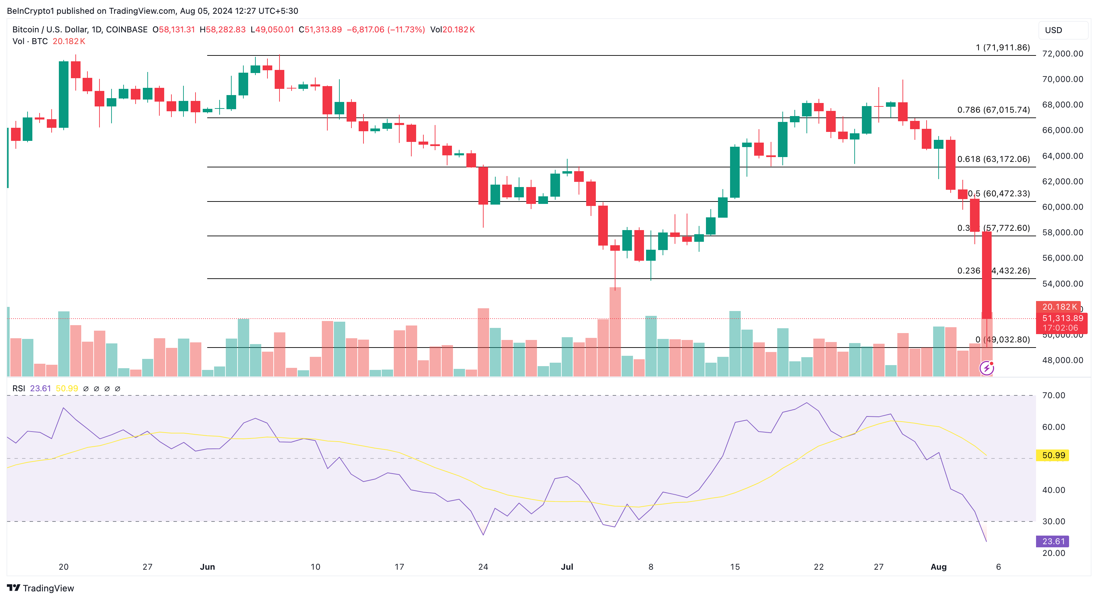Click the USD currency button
[1062, 30]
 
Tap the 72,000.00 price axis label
[1062, 54]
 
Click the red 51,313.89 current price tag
[1062, 318]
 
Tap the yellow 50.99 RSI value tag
[1053, 455]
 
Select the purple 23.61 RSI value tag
[1053, 541]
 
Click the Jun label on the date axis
[208, 567]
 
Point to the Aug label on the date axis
[938, 567]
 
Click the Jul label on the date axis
[567, 567]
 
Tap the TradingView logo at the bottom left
[41, 588]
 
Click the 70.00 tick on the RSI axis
[1053, 395]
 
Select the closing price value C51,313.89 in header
[320, 29]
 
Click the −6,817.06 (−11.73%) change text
[386, 29]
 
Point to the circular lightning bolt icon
[987, 368]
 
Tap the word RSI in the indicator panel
[19, 389]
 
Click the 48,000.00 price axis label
[1062, 360]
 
